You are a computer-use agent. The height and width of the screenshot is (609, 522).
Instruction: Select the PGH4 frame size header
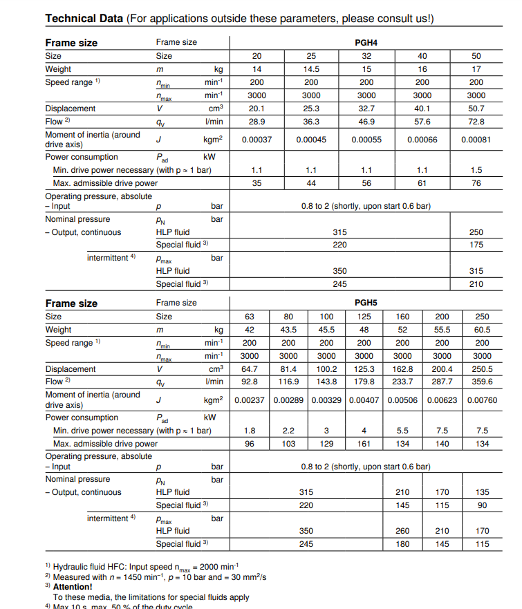(x=366, y=43)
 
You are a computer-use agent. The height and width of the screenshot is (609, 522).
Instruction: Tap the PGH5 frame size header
(x=366, y=303)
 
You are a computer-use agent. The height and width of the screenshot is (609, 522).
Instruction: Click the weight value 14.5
(x=311, y=69)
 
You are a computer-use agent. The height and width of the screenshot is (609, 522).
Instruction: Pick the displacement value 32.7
(x=366, y=109)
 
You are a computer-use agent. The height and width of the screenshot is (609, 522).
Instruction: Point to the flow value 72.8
(x=476, y=122)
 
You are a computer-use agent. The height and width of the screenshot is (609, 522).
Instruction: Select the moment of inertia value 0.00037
(x=257, y=140)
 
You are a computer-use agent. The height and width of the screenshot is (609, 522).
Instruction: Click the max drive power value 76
(x=476, y=183)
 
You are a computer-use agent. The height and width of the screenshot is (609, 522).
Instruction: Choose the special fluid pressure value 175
(x=476, y=245)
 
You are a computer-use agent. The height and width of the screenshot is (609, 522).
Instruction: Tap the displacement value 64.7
(x=250, y=369)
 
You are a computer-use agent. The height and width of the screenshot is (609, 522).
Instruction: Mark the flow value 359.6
(x=482, y=382)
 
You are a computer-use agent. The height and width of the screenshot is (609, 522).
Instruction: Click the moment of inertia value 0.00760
(x=482, y=400)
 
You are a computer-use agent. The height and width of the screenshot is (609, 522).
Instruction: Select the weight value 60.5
(x=482, y=330)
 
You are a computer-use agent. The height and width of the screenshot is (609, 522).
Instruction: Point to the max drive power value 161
(x=364, y=444)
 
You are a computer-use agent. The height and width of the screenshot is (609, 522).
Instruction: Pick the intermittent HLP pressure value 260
(x=402, y=531)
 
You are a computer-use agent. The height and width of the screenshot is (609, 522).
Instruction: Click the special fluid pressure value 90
(x=482, y=505)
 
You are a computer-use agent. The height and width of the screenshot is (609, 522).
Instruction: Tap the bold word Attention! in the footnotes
(x=73, y=587)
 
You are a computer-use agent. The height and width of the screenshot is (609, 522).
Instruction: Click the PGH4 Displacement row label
(x=71, y=109)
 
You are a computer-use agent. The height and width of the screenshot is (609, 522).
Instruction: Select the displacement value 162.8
(x=402, y=369)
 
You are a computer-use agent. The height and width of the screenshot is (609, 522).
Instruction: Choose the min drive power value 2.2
(x=288, y=431)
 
